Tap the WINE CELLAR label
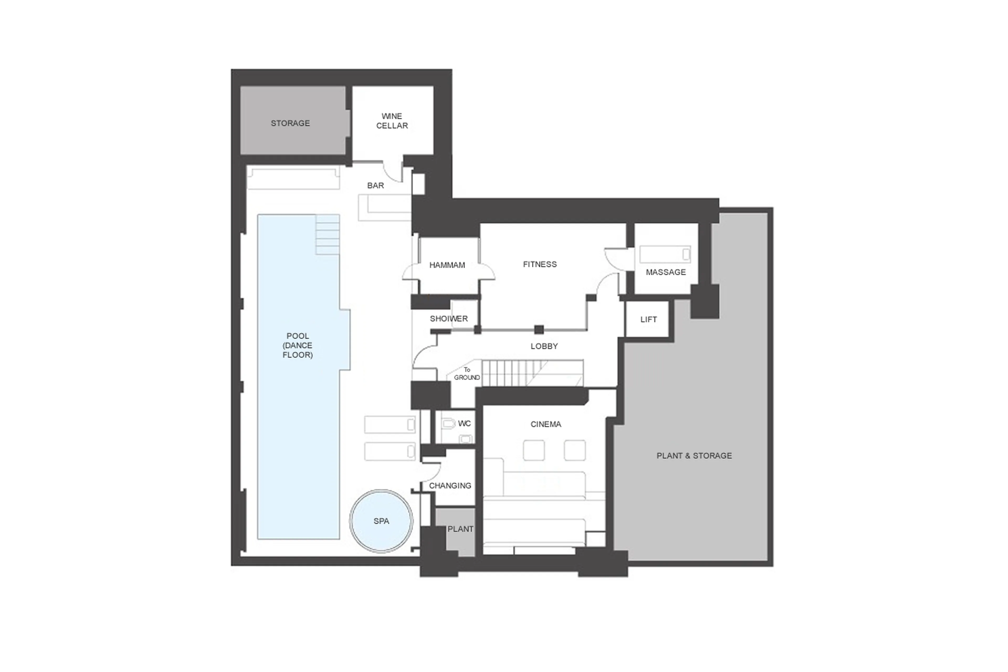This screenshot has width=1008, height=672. coord(392,121)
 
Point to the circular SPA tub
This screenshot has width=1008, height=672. coord(381,521)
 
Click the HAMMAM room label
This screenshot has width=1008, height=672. coord(447,265)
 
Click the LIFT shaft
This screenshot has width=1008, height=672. coord(648,319)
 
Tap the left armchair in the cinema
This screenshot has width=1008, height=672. coord(534,450)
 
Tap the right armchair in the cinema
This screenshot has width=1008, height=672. coord(574,450)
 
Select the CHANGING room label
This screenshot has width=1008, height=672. coord(450,486)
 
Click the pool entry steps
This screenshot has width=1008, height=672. coord(328,235)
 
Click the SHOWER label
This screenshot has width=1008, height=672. coord(449,319)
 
